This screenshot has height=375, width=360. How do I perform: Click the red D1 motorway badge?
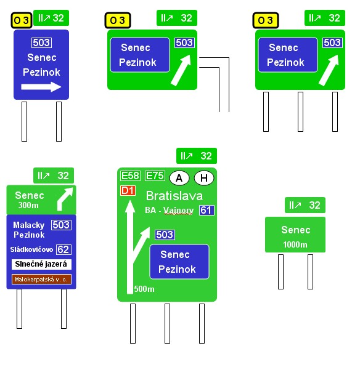(128, 191)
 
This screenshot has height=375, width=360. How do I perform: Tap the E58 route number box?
(130, 175)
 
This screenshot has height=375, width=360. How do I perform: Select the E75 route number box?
(155, 175)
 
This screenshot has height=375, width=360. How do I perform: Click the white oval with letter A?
(179, 178)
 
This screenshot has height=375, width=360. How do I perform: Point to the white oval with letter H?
(204, 178)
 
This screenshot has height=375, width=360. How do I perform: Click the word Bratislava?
(174, 196)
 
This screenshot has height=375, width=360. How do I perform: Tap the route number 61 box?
(207, 210)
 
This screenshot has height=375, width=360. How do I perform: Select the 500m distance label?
(144, 289)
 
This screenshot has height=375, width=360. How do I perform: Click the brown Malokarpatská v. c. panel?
(41, 279)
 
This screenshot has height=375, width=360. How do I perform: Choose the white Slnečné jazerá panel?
(41, 264)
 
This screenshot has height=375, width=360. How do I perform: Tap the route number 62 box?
(63, 249)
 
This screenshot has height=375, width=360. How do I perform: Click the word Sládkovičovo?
(31, 249)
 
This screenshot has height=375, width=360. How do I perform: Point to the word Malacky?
(29, 225)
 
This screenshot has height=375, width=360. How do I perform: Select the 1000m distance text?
(295, 244)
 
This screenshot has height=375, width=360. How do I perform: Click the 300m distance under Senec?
(28, 205)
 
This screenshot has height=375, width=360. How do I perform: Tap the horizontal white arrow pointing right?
(41, 87)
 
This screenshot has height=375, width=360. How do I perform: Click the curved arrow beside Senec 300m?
(64, 199)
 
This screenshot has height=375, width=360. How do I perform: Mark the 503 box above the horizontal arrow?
(41, 43)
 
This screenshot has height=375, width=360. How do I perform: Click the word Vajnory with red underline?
(178, 211)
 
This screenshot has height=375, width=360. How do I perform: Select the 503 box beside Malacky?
(61, 225)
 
